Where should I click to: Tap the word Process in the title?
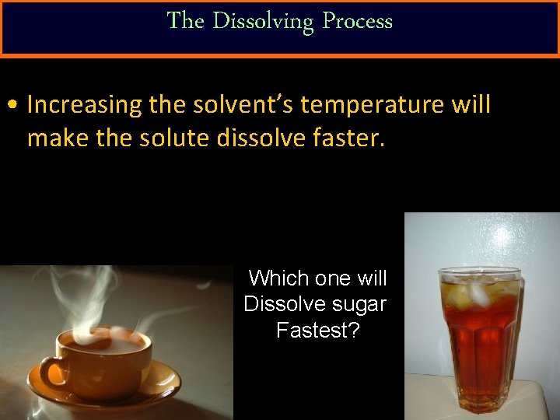(x=357, y=21)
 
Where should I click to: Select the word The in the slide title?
(x=185, y=21)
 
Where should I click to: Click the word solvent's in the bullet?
(x=242, y=105)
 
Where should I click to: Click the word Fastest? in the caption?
(x=317, y=331)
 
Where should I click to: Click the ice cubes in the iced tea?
(x=478, y=292)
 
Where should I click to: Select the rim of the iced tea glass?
(x=480, y=273)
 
